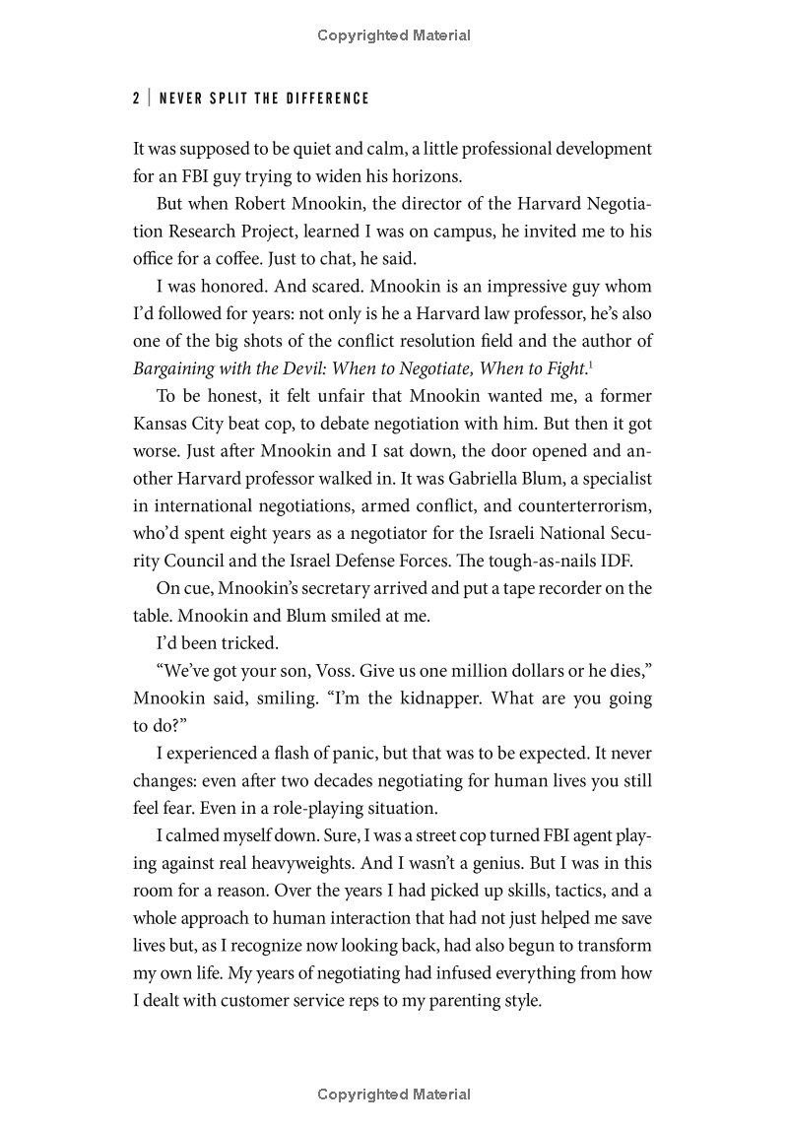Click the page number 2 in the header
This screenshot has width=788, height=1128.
[x=135, y=98]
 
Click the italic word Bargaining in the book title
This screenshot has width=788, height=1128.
[x=176, y=368]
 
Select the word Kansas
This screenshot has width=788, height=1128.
[x=162, y=424]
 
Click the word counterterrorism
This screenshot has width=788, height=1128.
[x=578, y=505]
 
